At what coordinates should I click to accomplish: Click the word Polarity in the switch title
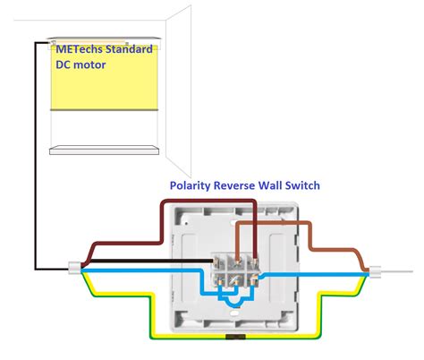193,185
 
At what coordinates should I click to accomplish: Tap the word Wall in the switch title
283,185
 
